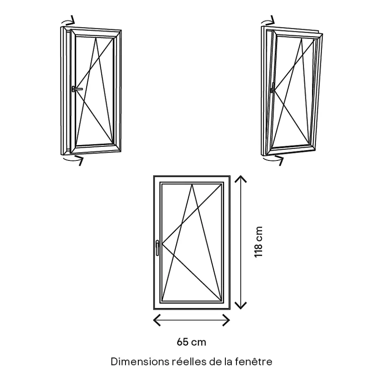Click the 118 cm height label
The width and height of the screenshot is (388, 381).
[258, 242]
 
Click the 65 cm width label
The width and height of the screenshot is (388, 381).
[191, 342]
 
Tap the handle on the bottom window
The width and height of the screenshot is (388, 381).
[157, 248]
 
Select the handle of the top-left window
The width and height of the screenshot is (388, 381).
[77, 89]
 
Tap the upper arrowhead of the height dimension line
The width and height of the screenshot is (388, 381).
[241, 179]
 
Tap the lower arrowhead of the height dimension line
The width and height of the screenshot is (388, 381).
[241, 306]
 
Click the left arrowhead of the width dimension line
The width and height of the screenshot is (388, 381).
[157, 320]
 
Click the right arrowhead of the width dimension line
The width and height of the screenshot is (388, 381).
[226, 320]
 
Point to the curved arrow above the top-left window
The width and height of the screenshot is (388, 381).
[68, 21]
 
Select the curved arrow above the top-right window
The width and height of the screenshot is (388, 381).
[268, 21]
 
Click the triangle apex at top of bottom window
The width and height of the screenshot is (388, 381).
[192, 184]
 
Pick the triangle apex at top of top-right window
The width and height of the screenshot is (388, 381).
[302, 38]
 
